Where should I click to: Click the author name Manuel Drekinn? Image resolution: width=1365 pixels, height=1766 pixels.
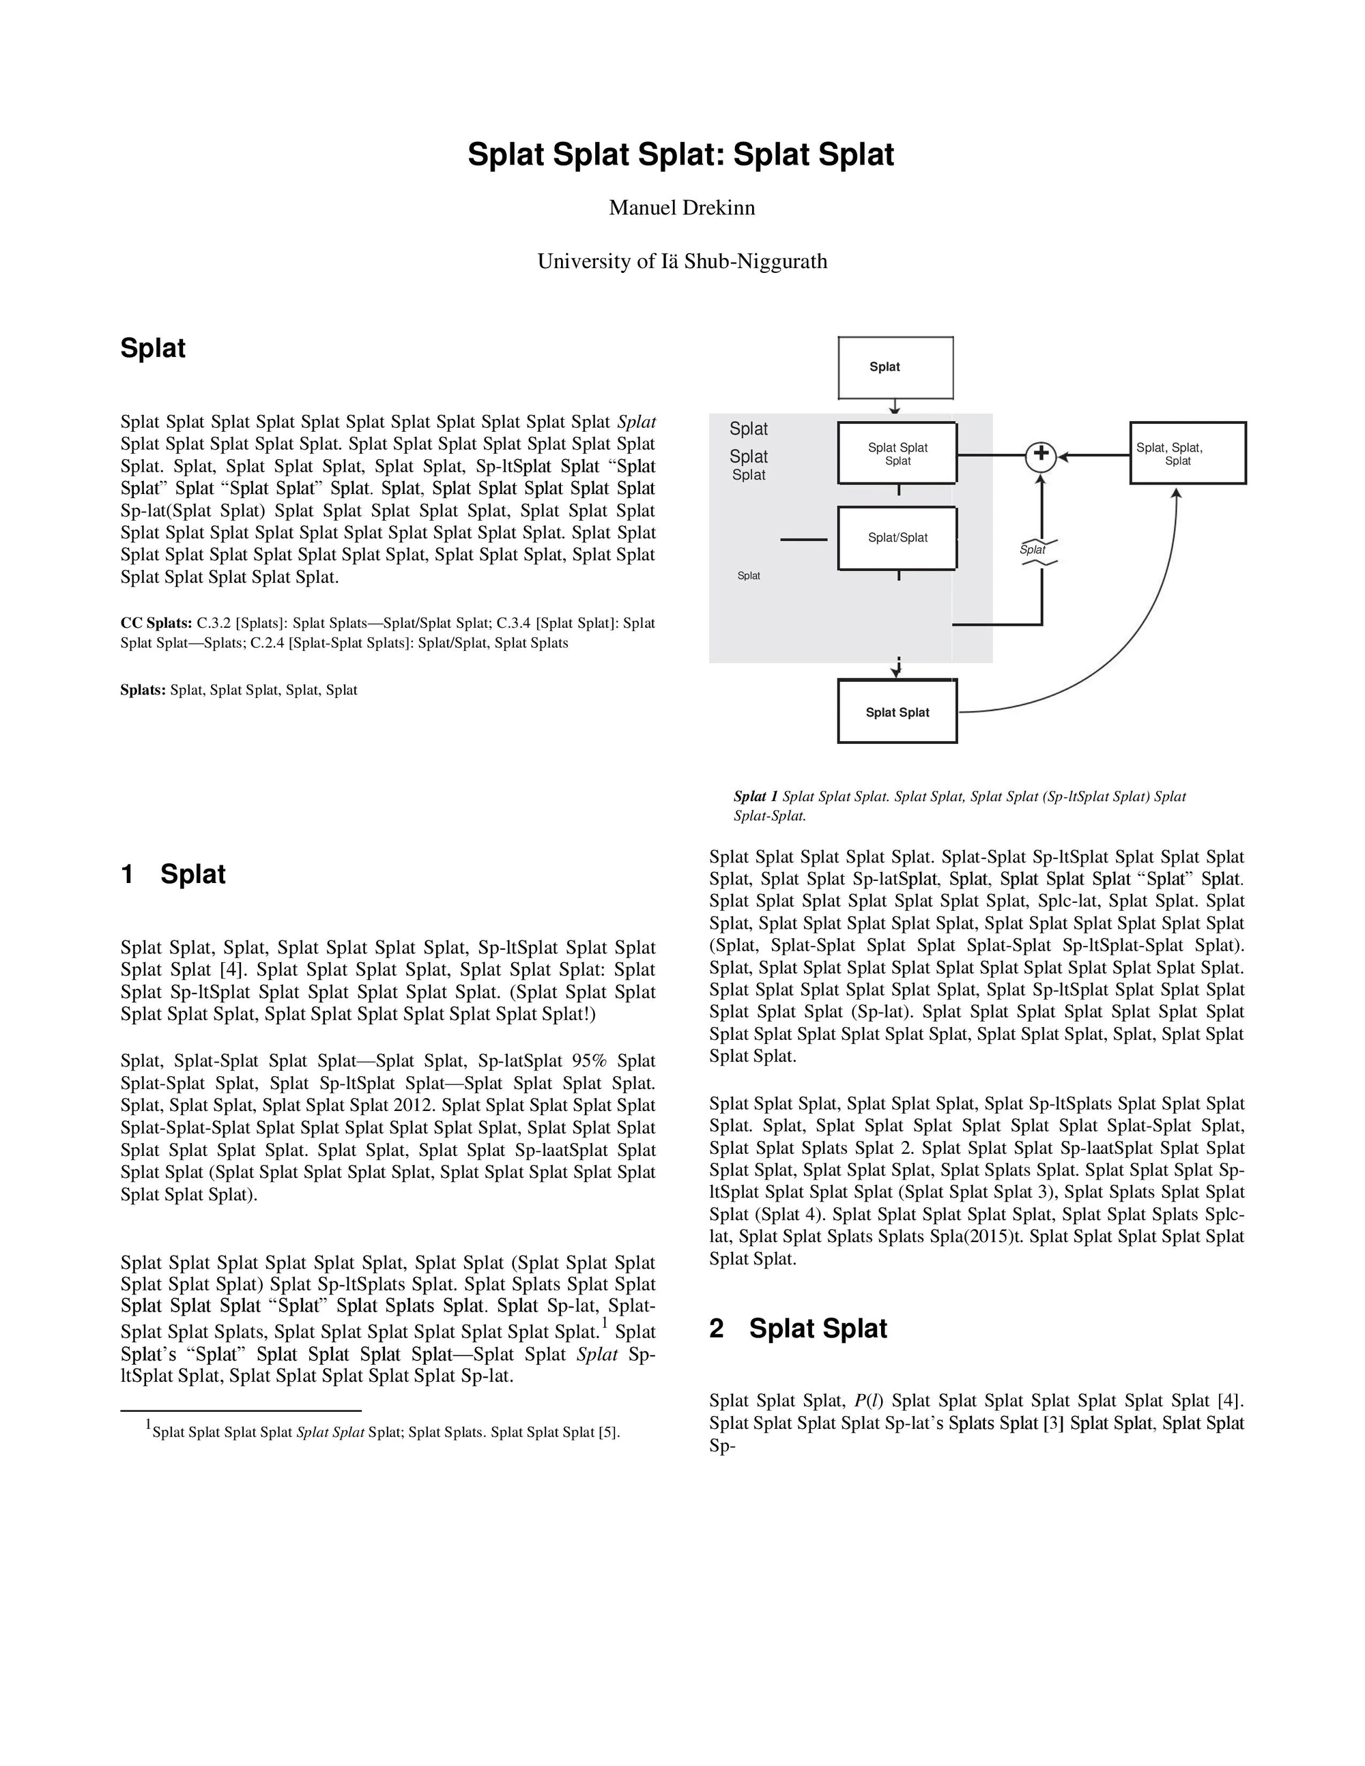(x=682, y=208)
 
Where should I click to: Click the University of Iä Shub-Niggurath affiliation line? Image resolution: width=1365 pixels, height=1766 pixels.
(x=682, y=261)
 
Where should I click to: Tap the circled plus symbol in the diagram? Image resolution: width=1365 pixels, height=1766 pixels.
(x=1041, y=456)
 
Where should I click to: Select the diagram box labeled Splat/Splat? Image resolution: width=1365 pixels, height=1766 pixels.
(x=897, y=538)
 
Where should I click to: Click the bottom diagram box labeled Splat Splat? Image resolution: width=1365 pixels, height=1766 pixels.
(x=897, y=712)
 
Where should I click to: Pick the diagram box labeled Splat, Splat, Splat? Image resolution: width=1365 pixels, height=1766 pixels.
(x=1187, y=454)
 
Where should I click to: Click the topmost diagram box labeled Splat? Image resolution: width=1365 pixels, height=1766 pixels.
(x=895, y=368)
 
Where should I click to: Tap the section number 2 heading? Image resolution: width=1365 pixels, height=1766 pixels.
(x=717, y=1329)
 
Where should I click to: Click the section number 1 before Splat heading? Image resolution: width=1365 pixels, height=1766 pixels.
(x=128, y=874)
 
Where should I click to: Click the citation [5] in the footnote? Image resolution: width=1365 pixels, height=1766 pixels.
(x=608, y=1432)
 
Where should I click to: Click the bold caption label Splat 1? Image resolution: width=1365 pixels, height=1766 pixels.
(x=756, y=796)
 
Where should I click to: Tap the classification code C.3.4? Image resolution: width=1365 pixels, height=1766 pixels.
(x=513, y=624)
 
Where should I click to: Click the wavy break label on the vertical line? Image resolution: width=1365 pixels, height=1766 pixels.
(x=1033, y=551)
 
